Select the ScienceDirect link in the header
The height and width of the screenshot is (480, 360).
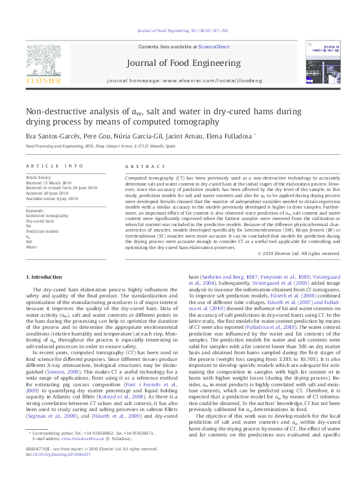(215, 47)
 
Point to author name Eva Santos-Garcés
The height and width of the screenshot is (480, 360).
(51, 136)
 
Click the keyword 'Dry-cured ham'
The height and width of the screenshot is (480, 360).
(40, 221)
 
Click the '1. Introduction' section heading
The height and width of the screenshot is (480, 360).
(45, 277)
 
